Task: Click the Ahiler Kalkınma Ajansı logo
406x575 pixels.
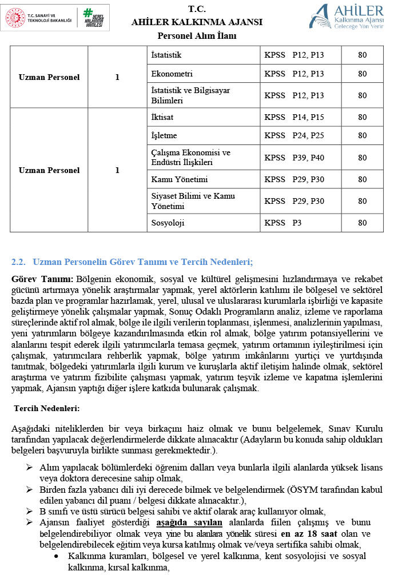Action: [346, 16]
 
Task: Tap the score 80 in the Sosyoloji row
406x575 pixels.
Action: [362, 223]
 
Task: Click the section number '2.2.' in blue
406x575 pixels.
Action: [19, 262]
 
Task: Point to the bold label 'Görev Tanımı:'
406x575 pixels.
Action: [42, 279]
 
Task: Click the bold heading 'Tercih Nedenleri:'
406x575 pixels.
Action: [46, 408]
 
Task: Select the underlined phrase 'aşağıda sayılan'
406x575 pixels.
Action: [189, 522]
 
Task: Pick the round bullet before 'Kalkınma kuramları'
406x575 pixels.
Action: [55, 556]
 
